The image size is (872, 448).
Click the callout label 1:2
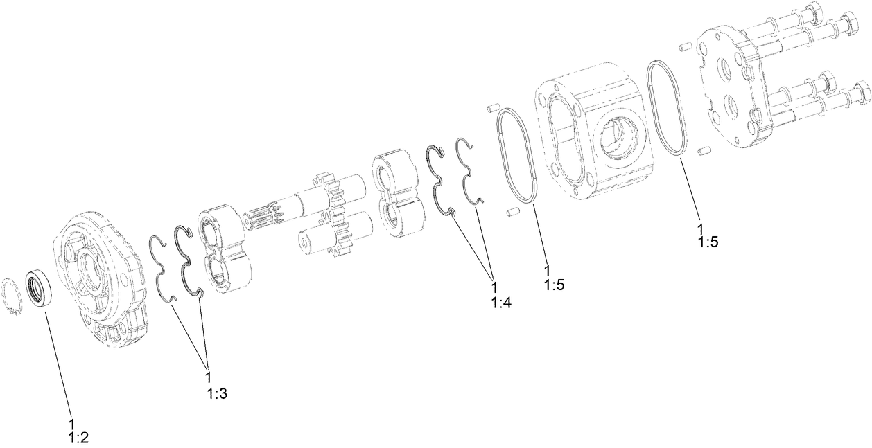78,431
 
